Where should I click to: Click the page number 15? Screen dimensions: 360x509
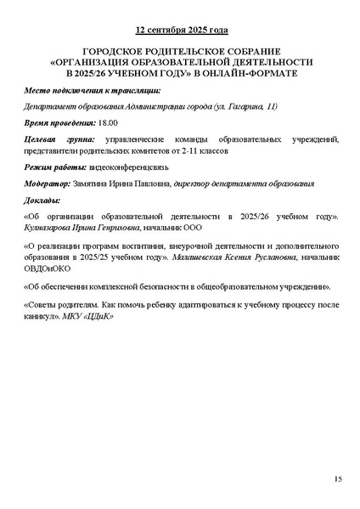(337, 480)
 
